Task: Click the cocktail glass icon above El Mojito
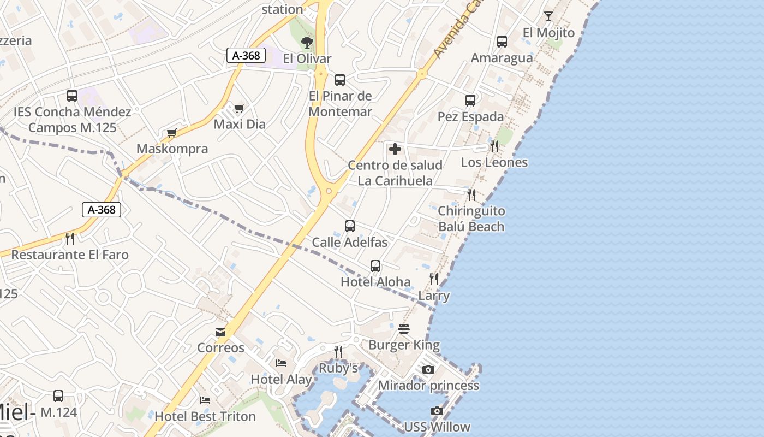coord(548,16)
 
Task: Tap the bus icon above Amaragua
coord(502,41)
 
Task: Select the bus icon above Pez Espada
coord(470,100)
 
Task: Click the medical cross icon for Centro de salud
coord(395,149)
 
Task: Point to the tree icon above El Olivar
coord(307,42)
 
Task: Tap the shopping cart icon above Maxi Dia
coord(239,108)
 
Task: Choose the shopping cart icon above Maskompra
coord(172,133)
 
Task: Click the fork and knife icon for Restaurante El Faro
coord(69,238)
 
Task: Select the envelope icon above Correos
coord(220,332)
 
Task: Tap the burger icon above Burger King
coord(404,329)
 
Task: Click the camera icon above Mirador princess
coord(428,369)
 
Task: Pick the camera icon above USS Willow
coord(437,411)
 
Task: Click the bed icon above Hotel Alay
coord(281,363)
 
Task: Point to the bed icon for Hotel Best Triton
coord(205,400)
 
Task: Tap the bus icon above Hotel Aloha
coord(375,266)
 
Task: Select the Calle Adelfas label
coord(349,242)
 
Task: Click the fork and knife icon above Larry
coord(434,279)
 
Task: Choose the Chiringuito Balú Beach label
coord(471,218)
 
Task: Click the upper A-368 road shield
coord(246,55)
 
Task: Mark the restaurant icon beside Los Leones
coord(494,146)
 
